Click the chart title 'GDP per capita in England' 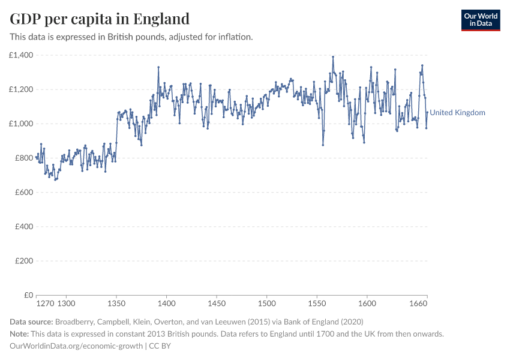point(100,19)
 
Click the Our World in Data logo point(481,20)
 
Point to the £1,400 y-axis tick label point(21,55)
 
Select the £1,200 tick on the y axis point(21,89)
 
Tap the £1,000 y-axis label point(21,124)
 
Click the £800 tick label point(23,158)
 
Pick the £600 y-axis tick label point(23,193)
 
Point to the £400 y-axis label point(23,227)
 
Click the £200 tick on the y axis point(23,261)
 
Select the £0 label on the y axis point(28,295)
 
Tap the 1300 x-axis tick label point(66,304)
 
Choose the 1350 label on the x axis point(116,304)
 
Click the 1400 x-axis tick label point(167,304)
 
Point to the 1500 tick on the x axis point(267,304)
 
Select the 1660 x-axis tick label point(418,304)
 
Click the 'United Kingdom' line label point(458,113)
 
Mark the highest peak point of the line point(333,57)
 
